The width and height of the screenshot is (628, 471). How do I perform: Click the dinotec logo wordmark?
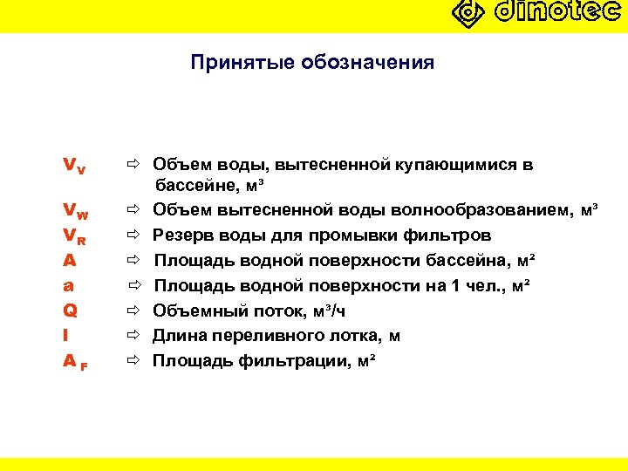coord(558,12)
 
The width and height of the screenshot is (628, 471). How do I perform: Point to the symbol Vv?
coord(74,165)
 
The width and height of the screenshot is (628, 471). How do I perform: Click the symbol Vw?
coord(76,210)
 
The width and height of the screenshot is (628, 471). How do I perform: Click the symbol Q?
coord(71,310)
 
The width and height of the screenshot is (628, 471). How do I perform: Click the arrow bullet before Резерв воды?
coord(132,235)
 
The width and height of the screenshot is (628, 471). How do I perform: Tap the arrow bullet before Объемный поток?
coord(132,311)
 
